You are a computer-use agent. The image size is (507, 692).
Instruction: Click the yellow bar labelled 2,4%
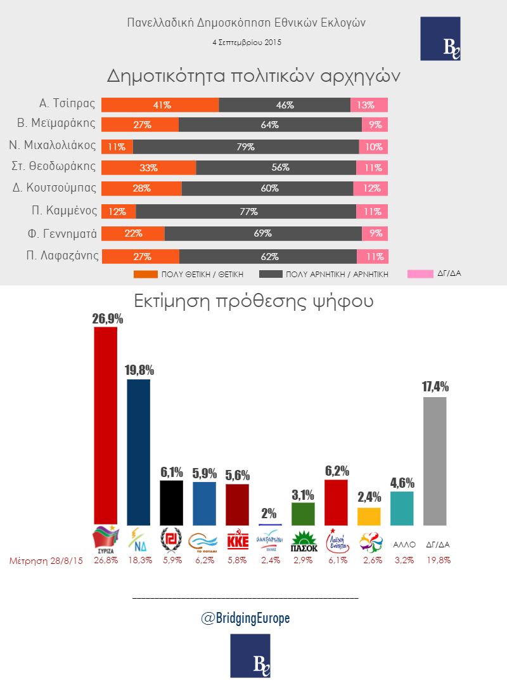[369, 516]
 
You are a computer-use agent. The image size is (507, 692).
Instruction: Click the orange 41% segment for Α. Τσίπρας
[160, 105]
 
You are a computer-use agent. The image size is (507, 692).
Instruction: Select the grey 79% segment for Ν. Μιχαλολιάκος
[246, 147]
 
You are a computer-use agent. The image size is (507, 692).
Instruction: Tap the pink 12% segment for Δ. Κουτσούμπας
[371, 188]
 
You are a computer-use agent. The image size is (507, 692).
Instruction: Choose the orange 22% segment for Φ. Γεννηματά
[133, 233]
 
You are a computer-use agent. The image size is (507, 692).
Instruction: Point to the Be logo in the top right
[440, 39]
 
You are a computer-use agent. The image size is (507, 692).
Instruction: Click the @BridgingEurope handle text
[245, 618]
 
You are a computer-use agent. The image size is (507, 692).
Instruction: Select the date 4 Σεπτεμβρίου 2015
[247, 43]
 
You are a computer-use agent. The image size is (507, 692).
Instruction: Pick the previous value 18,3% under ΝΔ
[138, 561]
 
